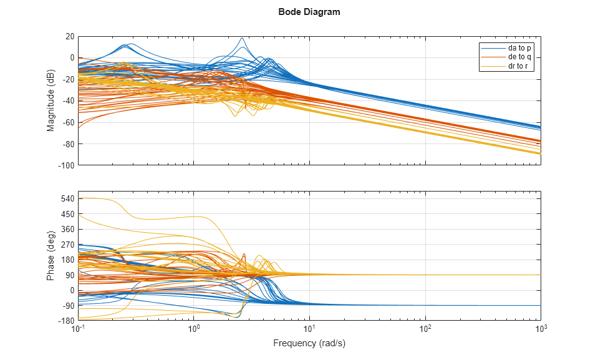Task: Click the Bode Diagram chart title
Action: [309, 12]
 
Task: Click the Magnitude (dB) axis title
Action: [51, 101]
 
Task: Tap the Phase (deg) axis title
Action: [51, 256]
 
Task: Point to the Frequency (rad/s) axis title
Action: [309, 343]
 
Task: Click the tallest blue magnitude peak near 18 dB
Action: [242, 38]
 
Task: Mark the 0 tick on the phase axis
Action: [72, 290]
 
